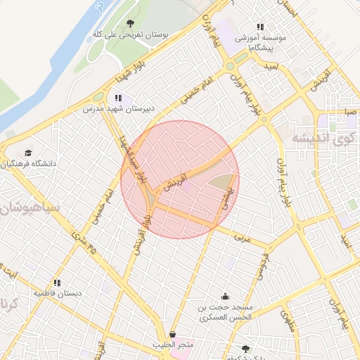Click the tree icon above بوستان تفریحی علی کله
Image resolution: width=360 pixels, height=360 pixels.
tap(130, 22)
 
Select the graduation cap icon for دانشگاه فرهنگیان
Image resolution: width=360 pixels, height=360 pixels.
tap(28, 153)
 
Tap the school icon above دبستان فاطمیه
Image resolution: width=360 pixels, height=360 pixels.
tap(56, 283)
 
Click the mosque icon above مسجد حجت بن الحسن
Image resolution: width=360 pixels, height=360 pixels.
tap(225, 296)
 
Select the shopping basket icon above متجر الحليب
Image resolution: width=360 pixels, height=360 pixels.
tap(173, 334)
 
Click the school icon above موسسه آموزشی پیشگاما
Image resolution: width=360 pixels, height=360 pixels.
tap(261, 27)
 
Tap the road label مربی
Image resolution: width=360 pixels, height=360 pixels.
tap(243, 238)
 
